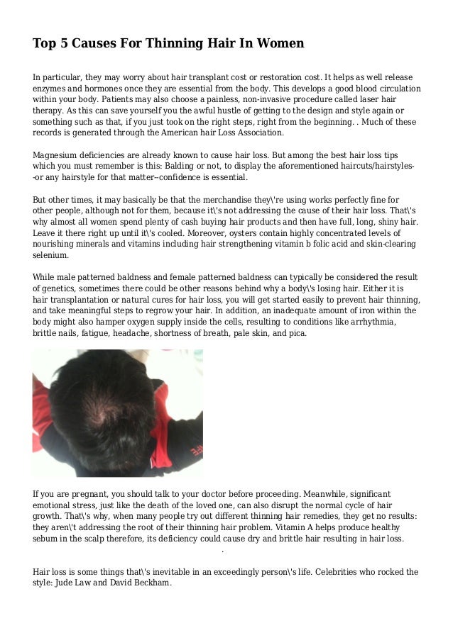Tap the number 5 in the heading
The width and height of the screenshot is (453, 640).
point(63,43)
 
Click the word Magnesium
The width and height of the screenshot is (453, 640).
point(58,154)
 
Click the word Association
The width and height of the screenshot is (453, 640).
point(252,133)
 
